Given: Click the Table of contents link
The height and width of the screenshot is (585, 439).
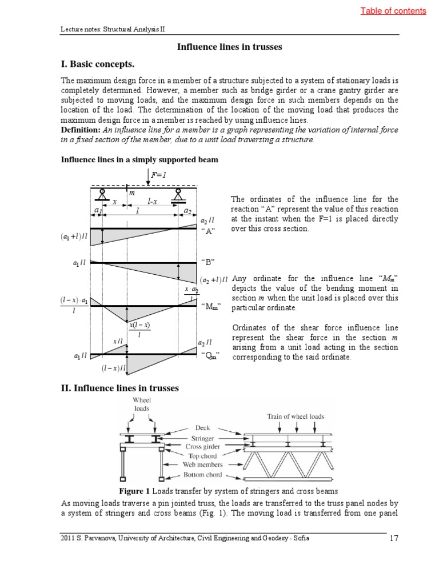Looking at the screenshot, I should (x=393, y=11).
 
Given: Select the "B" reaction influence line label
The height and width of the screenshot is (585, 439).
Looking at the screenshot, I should (x=208, y=262).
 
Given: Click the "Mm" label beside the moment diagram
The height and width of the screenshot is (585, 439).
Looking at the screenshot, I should (x=211, y=307).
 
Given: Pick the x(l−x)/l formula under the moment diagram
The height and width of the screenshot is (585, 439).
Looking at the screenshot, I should (x=139, y=329).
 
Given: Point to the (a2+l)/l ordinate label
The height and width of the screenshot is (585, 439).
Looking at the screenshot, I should (x=214, y=280).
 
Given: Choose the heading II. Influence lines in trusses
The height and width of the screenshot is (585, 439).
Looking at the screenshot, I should (x=120, y=388).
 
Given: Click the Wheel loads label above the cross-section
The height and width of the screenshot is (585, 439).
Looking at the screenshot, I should (x=141, y=404).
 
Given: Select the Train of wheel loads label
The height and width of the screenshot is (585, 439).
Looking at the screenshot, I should (x=296, y=416).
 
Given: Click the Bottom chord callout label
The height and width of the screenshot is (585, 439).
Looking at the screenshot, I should (x=202, y=475).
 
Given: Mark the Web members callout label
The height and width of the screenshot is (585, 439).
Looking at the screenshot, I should (x=202, y=465).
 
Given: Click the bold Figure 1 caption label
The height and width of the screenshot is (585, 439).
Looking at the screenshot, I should (x=137, y=491).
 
